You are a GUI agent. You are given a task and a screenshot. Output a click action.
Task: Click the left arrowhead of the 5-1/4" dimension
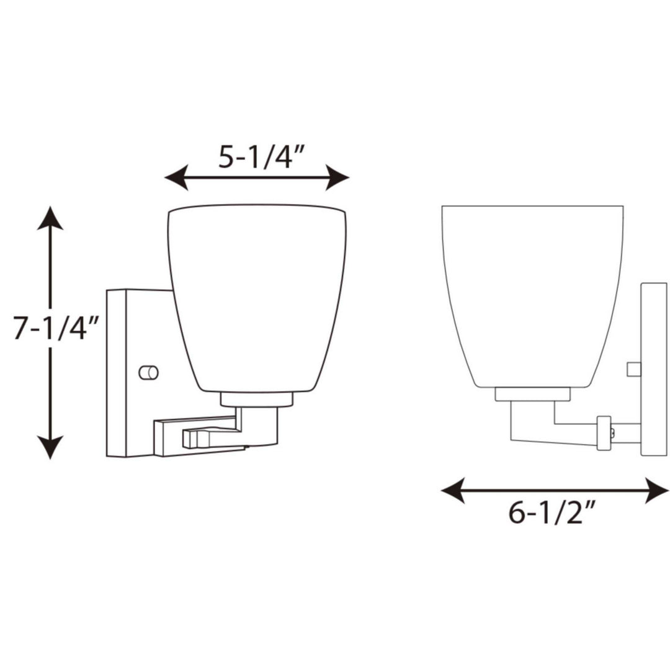(176, 178)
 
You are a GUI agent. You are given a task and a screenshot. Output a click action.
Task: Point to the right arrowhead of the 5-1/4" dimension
(338, 178)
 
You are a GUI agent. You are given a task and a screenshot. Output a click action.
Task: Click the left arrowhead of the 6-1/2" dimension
(452, 491)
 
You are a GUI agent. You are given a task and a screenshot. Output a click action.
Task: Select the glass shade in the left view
(257, 298)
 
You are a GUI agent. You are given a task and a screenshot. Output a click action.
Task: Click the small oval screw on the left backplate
(149, 372)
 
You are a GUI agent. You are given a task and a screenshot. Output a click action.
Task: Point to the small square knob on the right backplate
(633, 369)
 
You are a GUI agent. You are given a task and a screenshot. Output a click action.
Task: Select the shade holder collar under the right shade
(532, 394)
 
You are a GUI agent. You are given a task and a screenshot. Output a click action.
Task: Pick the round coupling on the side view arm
(603, 432)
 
